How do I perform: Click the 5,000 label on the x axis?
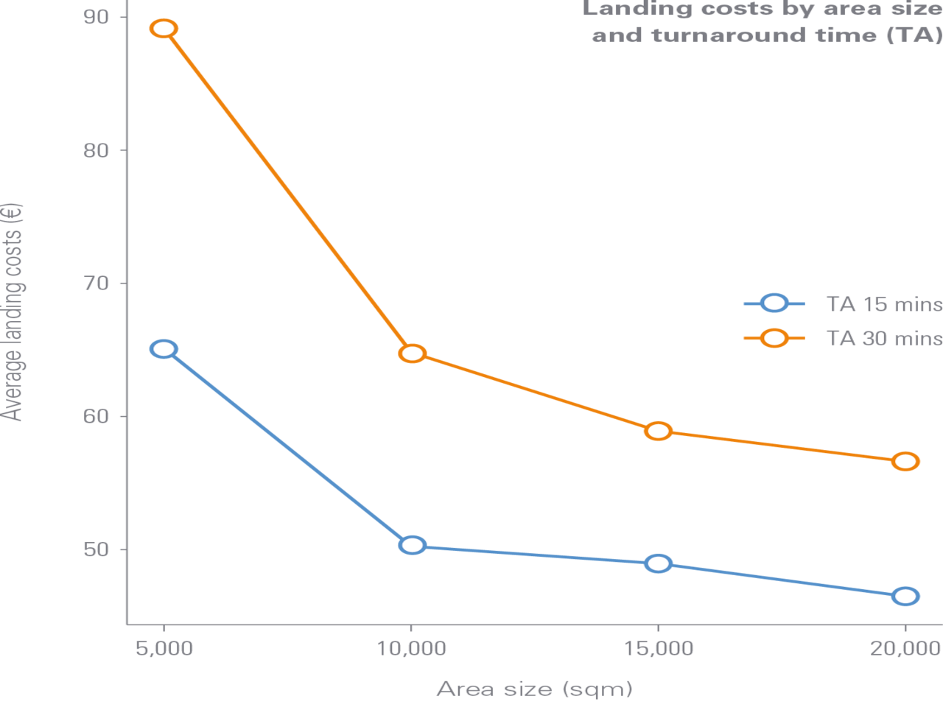click(164, 648)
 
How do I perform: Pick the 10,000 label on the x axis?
click(412, 648)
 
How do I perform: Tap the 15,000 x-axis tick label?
click(658, 648)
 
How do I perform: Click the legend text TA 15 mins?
click(883, 304)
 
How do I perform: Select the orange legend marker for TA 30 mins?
click(774, 338)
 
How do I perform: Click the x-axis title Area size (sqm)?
click(534, 689)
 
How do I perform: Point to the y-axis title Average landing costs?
click(13, 311)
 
